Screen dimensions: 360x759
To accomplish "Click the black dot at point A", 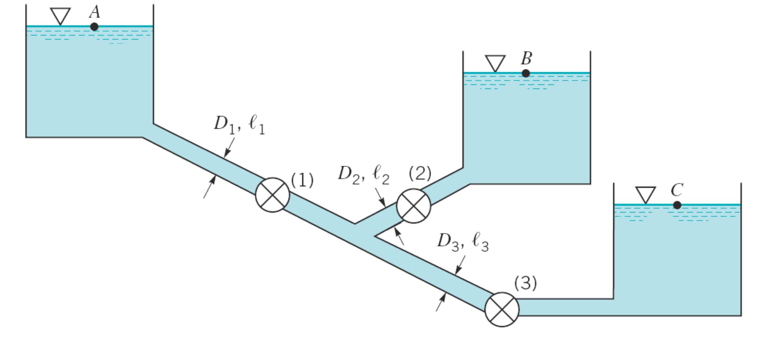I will [94, 27].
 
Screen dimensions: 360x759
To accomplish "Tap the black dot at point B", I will [526, 73].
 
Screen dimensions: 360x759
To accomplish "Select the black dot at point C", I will [677, 205].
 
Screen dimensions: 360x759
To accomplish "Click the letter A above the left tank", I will [94, 12].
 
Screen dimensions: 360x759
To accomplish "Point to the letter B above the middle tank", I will [526, 59].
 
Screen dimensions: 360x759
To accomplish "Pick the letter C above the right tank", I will [677, 190].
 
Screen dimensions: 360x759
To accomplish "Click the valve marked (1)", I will [272, 195].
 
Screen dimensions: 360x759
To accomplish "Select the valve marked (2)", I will [413, 206].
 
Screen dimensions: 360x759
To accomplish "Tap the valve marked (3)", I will [502, 309].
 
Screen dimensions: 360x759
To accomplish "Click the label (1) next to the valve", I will [302, 180].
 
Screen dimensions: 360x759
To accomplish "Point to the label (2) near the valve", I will [420, 173].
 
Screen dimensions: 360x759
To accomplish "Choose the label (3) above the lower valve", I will [525, 283].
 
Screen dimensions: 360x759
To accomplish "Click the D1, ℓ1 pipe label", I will [239, 124].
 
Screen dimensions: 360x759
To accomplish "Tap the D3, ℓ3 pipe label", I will [462, 242].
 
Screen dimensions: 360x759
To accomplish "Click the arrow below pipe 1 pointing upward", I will [210, 187].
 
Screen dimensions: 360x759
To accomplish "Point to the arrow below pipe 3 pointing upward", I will [441, 301].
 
